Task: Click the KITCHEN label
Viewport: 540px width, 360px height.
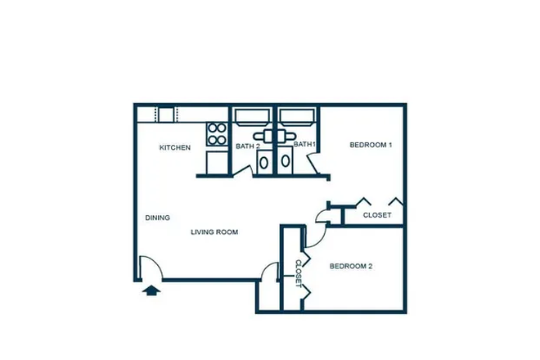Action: point(175,147)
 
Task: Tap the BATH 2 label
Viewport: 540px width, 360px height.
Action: point(248,146)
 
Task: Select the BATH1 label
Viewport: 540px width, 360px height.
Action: point(305,145)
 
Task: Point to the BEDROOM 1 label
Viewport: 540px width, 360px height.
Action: point(371,145)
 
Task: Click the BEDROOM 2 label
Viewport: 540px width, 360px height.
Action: point(351,266)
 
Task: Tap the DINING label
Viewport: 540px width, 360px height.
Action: point(157,218)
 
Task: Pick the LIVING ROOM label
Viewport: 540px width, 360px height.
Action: point(214,232)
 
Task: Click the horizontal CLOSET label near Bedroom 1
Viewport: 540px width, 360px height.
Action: point(377,215)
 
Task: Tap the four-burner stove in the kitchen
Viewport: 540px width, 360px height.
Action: point(217,134)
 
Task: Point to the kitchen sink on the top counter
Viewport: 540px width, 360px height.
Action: point(166,115)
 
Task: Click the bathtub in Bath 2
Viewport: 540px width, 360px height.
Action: point(254,115)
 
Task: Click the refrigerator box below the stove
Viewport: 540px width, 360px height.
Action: point(217,162)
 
